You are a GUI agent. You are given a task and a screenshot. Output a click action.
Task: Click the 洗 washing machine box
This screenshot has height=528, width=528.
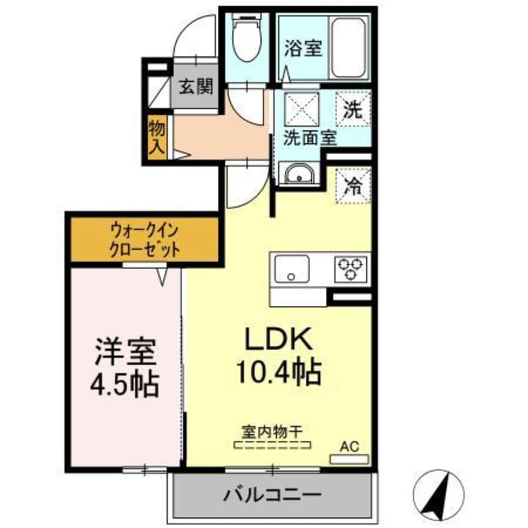coord(353,110)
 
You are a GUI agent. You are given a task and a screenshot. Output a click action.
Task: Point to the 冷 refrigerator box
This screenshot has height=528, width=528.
coord(353,185)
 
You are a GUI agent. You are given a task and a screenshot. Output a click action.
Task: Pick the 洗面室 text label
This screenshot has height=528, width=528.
coord(310,138)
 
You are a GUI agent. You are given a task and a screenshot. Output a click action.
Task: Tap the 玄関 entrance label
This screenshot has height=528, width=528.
coord(196,86)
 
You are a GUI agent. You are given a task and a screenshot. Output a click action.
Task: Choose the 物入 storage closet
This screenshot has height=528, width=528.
coord(157,137)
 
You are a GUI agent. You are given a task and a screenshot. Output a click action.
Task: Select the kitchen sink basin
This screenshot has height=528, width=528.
coord(290,268)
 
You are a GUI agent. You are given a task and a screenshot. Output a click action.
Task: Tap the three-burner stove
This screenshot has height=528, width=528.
coord(352,268)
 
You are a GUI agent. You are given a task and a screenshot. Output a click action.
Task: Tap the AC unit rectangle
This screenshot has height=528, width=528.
coord(349,459)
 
